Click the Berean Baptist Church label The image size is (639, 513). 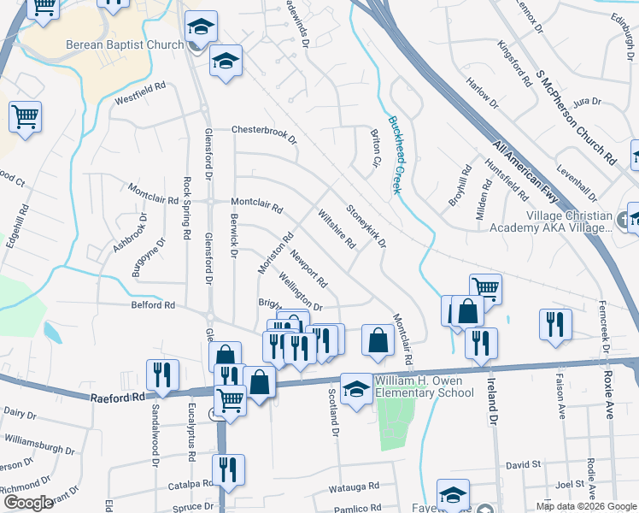pyautogui.click(x=123, y=45)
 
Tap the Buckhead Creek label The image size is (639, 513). pyautogui.click(x=396, y=155)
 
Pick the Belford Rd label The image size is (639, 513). pyautogui.click(x=152, y=304)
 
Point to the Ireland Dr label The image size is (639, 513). pyautogui.click(x=492, y=398)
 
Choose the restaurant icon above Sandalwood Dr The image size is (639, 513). pyautogui.click(x=161, y=374)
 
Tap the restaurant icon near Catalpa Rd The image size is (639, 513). pyautogui.click(x=228, y=469)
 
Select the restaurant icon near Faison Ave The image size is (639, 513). pyautogui.click(x=554, y=324)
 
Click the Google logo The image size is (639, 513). pyautogui.click(x=28, y=503)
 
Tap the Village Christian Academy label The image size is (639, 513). pyautogui.click(x=550, y=221)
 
